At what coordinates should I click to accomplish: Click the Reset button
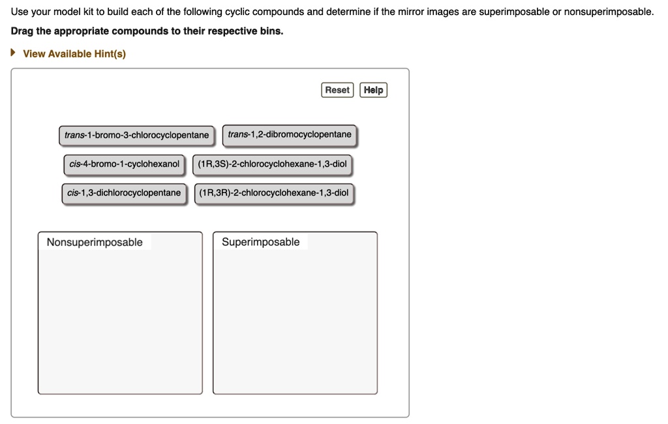click(337, 90)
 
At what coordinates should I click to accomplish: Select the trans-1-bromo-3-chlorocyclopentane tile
click(136, 135)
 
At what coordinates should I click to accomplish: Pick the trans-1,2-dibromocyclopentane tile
click(290, 134)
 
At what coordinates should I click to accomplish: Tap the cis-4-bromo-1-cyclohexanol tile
click(124, 164)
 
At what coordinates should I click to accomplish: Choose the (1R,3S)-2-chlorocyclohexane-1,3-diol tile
click(273, 164)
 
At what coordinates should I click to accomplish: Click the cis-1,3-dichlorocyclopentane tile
click(124, 192)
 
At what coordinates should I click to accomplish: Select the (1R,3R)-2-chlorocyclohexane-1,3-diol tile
click(274, 192)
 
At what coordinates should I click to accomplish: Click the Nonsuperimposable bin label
click(95, 242)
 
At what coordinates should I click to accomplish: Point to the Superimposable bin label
click(260, 242)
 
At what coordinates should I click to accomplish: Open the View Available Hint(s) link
click(74, 53)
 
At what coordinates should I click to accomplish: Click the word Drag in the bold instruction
click(23, 31)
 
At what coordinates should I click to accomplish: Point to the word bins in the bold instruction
click(270, 31)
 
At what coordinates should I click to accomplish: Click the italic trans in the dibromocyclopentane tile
click(238, 134)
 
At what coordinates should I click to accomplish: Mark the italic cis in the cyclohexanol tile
click(75, 164)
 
